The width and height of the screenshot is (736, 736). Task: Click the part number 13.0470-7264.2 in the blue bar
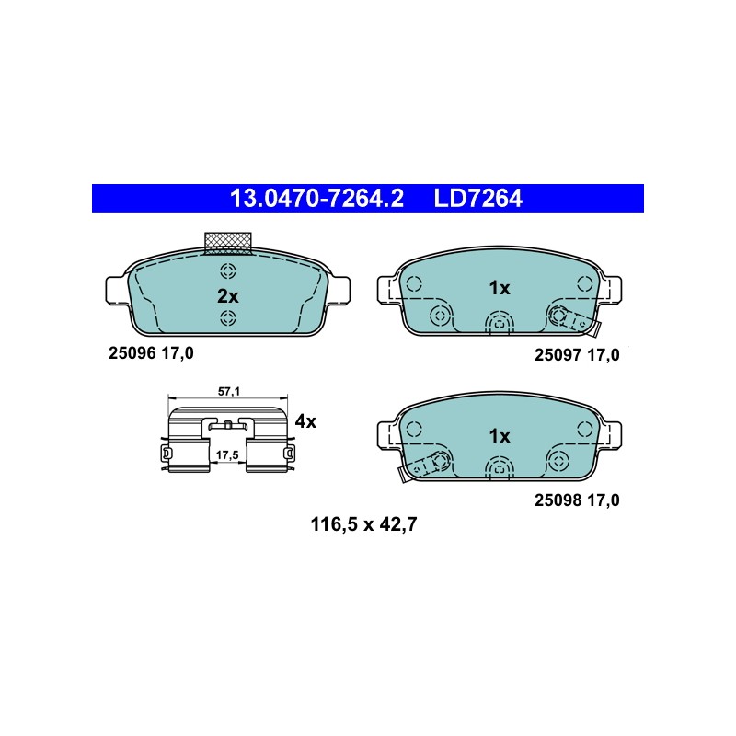coord(316,199)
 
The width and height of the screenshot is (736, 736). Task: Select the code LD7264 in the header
coord(477,199)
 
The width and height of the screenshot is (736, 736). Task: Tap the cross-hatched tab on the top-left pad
coord(228,243)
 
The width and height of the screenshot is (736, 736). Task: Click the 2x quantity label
coord(227,296)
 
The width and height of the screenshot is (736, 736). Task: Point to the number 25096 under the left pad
coord(132,353)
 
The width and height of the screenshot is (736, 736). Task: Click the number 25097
coord(558,355)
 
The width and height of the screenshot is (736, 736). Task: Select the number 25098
coord(558,500)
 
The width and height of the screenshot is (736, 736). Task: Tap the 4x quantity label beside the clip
coord(305,421)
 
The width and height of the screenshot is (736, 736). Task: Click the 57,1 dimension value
coord(228,391)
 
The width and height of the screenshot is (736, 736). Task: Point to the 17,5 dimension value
coord(227,454)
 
